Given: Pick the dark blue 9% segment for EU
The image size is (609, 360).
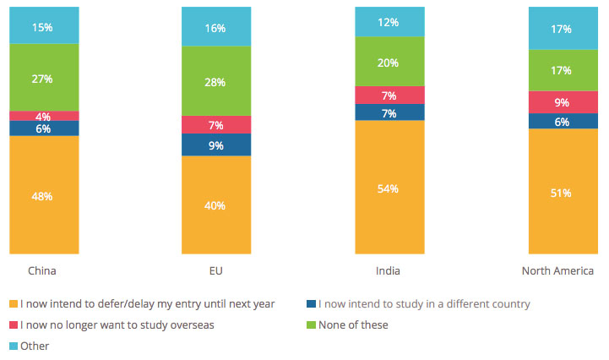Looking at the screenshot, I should tap(217, 145).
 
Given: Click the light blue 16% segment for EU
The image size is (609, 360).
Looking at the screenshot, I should tap(217, 28).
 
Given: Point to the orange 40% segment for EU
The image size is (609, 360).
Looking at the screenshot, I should tap(217, 205).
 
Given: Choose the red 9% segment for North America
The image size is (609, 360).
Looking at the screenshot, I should tap(563, 102).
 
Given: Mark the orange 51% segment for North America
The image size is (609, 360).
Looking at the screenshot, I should tap(563, 192).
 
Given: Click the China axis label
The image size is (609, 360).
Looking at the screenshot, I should tap(42, 271).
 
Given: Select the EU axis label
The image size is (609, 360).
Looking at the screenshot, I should tap(216, 271).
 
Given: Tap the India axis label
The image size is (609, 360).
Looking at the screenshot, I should tap(389, 271).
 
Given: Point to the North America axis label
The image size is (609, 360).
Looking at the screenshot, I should tap(557, 271).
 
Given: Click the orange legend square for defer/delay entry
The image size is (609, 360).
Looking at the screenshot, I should tap(12, 303).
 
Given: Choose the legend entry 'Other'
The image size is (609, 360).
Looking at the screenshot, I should tap(35, 346).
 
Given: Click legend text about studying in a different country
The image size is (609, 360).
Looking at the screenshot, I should tap(423, 303).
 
